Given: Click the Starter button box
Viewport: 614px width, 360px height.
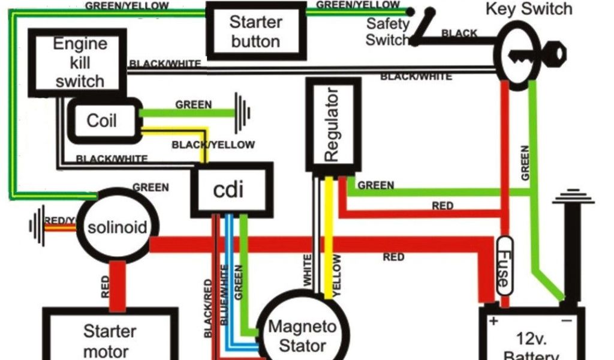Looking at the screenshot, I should click(x=255, y=32).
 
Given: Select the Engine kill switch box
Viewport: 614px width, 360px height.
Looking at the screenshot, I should click(x=79, y=62).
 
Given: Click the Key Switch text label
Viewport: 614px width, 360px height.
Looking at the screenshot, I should click(x=528, y=9).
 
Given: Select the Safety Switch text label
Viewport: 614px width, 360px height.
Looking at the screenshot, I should click(x=387, y=32).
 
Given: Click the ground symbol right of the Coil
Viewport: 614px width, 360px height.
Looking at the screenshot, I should click(x=243, y=112).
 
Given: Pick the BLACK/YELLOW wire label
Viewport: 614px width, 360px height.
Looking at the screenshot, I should click(x=213, y=145).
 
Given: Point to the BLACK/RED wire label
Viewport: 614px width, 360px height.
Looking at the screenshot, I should click(x=209, y=307).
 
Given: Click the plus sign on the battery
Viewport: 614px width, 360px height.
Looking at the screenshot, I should click(x=493, y=321).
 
